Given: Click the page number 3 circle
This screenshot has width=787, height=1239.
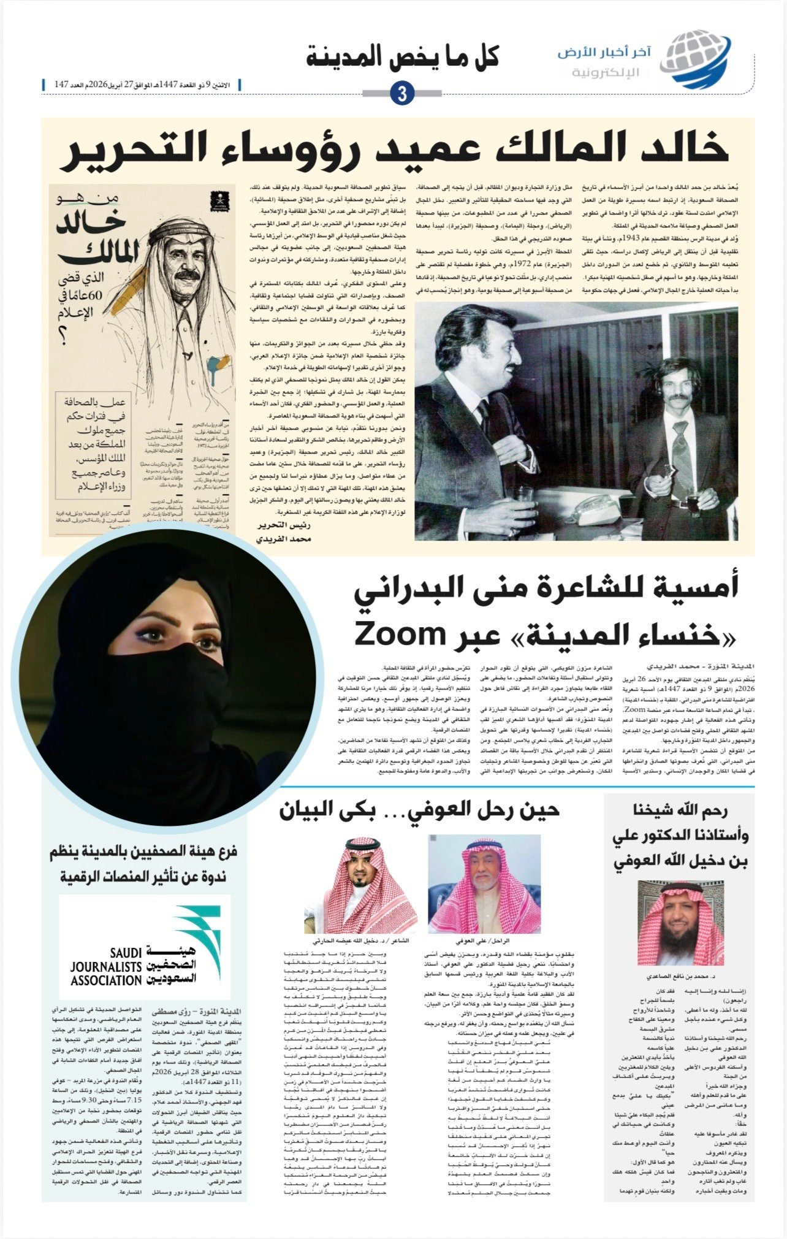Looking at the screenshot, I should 402,93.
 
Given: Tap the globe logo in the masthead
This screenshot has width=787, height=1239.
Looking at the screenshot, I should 698,59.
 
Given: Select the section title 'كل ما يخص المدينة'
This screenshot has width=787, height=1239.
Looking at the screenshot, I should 402,57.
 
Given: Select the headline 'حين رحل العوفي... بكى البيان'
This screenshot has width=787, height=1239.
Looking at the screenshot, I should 419,810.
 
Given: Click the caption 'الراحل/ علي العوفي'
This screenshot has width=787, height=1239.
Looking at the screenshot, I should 482,940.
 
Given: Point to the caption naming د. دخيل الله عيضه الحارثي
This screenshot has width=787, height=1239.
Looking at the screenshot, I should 361,940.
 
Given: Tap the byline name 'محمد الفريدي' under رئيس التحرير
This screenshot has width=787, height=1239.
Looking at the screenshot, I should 283,539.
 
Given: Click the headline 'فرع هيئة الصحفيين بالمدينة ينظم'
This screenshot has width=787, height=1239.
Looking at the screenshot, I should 143,852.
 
